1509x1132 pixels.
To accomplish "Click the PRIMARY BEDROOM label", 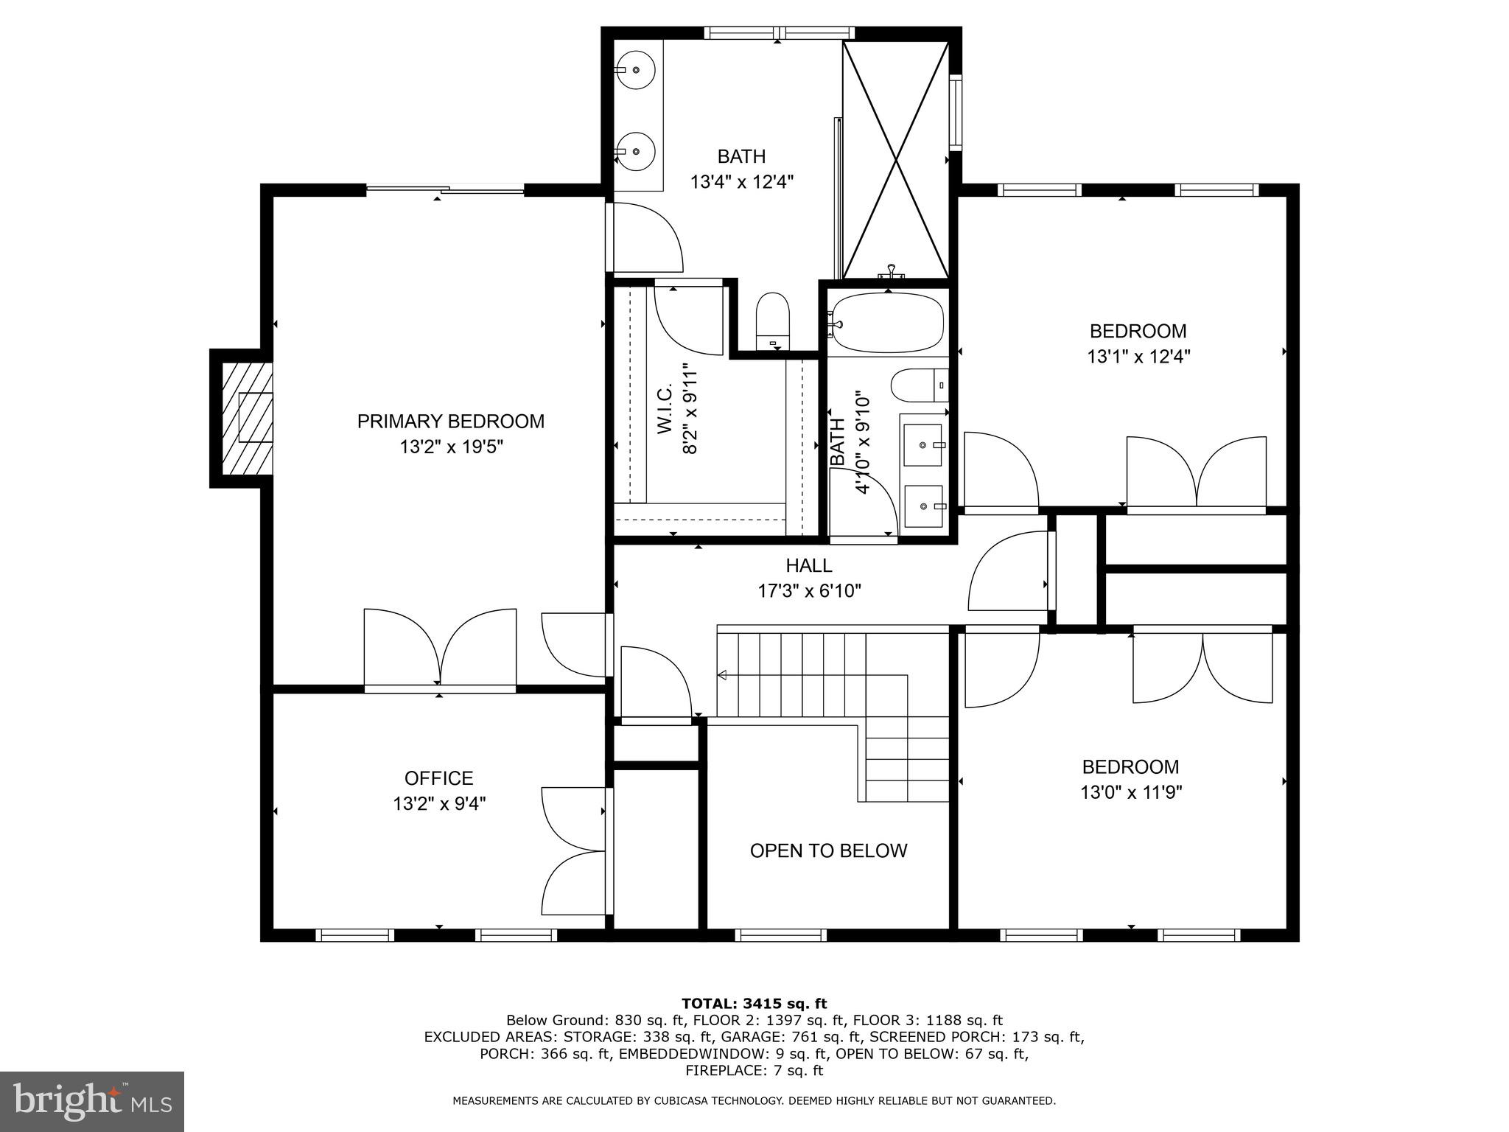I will tap(450, 422).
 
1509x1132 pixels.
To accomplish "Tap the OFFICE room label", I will tap(438, 778).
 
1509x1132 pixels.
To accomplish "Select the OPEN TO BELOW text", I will tap(828, 850).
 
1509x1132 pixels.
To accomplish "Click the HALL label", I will tap(808, 565).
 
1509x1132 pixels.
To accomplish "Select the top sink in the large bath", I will tap(636, 69).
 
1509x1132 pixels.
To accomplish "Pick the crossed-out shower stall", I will tap(895, 159).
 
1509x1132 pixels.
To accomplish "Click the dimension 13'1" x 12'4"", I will tap(1138, 357).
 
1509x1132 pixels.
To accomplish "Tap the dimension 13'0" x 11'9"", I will tap(1130, 792).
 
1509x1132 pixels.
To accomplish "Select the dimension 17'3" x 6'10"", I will tap(809, 590).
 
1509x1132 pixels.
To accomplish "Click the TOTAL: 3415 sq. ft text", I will tap(754, 1003).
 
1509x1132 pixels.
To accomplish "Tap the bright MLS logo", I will tap(92, 1102).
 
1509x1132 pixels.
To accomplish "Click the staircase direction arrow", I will tap(722, 674).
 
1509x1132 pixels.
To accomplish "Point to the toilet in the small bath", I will tap(917, 385).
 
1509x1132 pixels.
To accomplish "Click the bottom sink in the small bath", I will tap(923, 506).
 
